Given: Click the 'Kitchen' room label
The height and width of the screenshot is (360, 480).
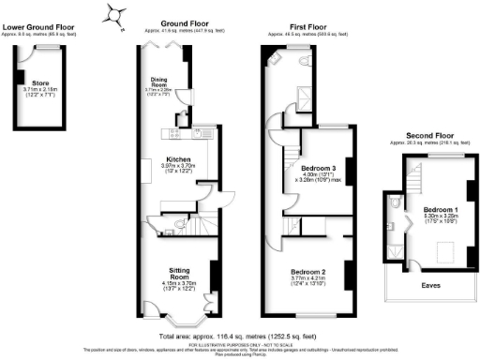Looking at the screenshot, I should (178, 159).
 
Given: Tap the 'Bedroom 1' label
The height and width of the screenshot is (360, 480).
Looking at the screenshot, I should (440, 208).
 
